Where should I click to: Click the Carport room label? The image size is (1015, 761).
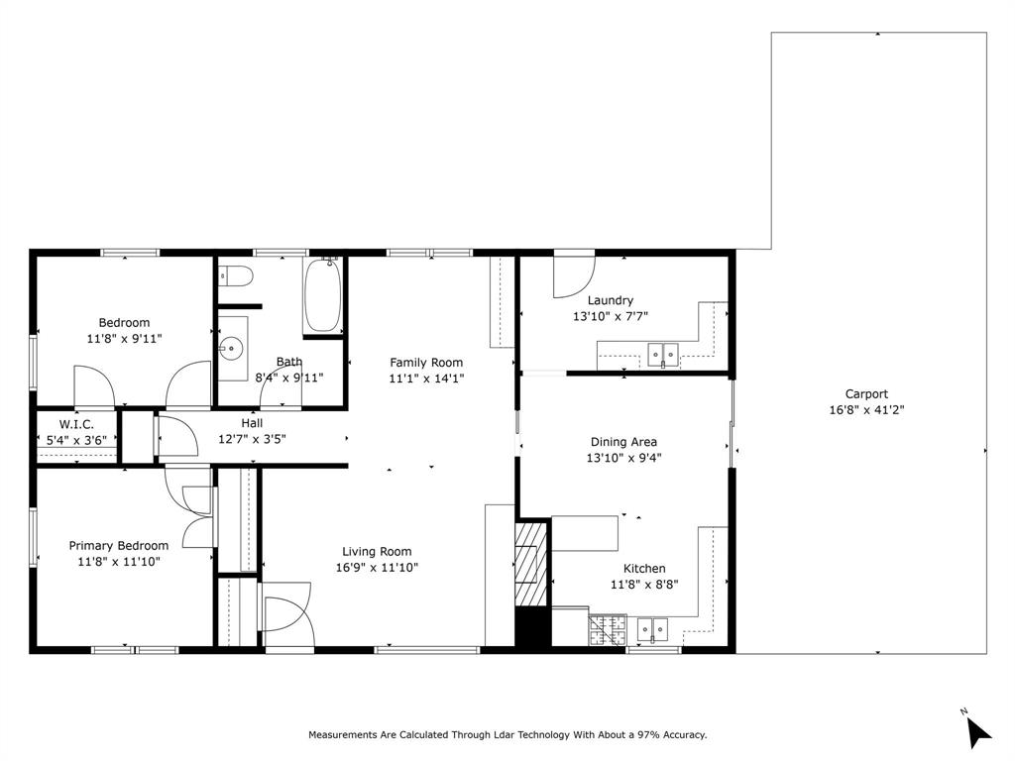pos(866,393)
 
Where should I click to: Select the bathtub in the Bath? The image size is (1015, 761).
pos(323,294)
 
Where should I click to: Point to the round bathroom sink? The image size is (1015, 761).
pos(233,347)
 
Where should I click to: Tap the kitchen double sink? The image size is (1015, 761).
pos(653,627)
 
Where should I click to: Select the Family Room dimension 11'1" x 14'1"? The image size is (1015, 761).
pos(426,379)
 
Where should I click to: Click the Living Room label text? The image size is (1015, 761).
pos(377,552)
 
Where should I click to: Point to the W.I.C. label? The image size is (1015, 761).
pos(76,424)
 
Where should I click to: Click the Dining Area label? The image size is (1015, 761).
pos(623,442)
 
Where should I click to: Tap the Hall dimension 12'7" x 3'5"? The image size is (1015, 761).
pos(252,439)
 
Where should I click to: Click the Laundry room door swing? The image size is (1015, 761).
pos(572,274)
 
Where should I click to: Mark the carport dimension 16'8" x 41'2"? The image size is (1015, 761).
pos(866,410)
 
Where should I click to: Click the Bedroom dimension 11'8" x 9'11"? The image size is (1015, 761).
pos(124,339)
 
